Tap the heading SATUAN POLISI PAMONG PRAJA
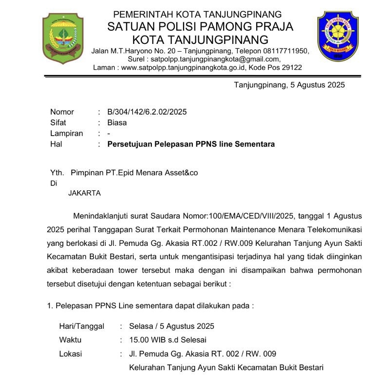(201, 26)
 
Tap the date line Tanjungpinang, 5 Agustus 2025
(289, 85)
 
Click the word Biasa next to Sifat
(117, 123)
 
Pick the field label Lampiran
(66, 134)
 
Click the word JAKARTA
(84, 193)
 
